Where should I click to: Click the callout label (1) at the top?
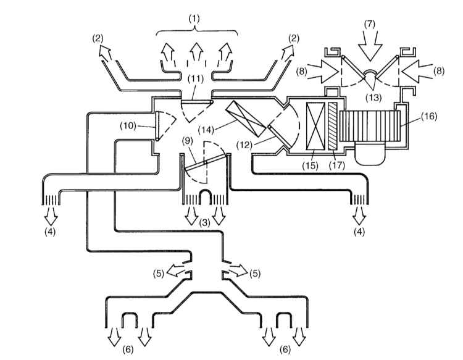(194, 19)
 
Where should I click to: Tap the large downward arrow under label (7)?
(370, 45)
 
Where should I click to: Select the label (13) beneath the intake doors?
(373, 97)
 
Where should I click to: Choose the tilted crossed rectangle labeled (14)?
(246, 119)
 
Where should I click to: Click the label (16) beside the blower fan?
(429, 116)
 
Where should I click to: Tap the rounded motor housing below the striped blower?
(371, 153)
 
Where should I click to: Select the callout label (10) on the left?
(128, 126)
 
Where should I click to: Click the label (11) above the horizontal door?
(196, 79)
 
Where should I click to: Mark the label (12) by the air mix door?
(245, 145)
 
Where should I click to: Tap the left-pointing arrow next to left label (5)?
(177, 271)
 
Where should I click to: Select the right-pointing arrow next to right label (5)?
(238, 270)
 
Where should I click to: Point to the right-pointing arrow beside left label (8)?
(323, 71)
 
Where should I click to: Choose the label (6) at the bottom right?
(285, 350)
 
